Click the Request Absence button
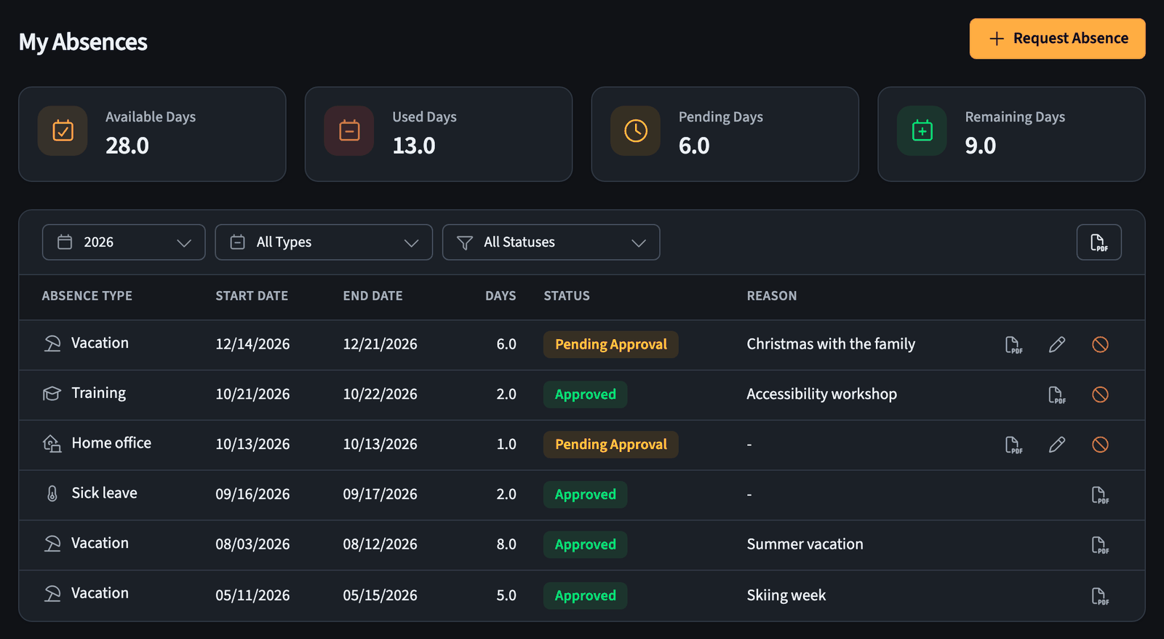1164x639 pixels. pyautogui.click(x=1057, y=39)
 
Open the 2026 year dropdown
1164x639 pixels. pyautogui.click(x=124, y=242)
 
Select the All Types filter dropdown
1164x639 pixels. pyautogui.click(x=324, y=242)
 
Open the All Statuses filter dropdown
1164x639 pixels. pyautogui.click(x=551, y=242)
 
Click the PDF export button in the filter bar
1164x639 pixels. pyautogui.click(x=1099, y=242)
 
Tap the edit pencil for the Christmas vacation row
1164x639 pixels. pyautogui.click(x=1056, y=344)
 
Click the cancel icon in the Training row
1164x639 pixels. pyautogui.click(x=1100, y=394)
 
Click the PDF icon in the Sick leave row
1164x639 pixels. pyautogui.click(x=1099, y=495)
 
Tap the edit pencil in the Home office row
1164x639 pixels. pyautogui.click(x=1056, y=445)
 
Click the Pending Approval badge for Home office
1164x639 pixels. pyautogui.click(x=610, y=445)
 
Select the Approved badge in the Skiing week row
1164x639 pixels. pyautogui.click(x=585, y=595)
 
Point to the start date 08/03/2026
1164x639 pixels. pyautogui.click(x=252, y=544)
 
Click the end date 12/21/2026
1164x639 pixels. pyautogui.click(x=380, y=344)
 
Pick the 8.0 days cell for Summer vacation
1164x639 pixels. pyautogui.click(x=506, y=544)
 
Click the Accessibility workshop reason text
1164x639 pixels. pyautogui.click(x=821, y=394)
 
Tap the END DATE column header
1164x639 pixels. pyautogui.click(x=372, y=295)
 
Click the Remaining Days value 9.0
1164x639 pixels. pyautogui.click(x=981, y=146)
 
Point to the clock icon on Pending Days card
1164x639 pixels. pyautogui.click(x=636, y=130)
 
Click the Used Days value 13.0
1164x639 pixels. pyautogui.click(x=414, y=146)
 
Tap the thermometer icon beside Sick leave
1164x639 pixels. pyautogui.click(x=52, y=493)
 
